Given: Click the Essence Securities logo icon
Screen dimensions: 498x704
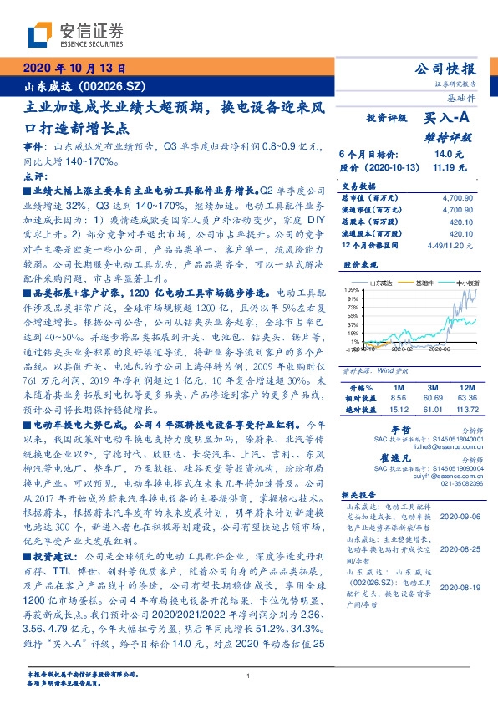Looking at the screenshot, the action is coord(37,34).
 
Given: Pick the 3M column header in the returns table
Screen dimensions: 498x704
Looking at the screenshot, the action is coord(434,389).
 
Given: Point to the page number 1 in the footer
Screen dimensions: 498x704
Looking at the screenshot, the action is coord(249,676).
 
